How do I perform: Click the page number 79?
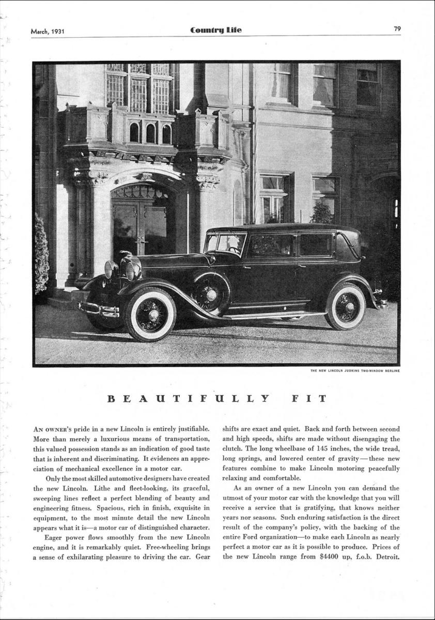[x=397, y=29]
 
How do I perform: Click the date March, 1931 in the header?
[x=48, y=30]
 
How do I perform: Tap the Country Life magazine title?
[x=215, y=30]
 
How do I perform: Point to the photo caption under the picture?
[x=354, y=370]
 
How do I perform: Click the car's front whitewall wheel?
[x=150, y=314]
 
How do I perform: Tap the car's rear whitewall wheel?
[x=345, y=306]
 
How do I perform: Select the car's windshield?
[x=225, y=243]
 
